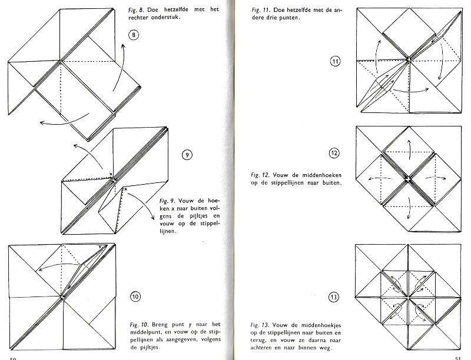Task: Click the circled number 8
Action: pyautogui.click(x=134, y=35)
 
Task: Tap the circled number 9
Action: pyautogui.click(x=187, y=155)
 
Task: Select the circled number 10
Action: pyautogui.click(x=135, y=296)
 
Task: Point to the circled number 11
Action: pyautogui.click(x=335, y=62)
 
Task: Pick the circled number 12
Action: pyautogui.click(x=334, y=154)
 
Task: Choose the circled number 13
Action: pyautogui.click(x=334, y=297)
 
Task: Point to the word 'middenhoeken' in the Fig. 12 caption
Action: pyautogui.click(x=321, y=175)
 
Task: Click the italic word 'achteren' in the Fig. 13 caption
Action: pyautogui.click(x=261, y=348)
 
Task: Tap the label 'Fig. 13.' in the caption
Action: pyautogui.click(x=260, y=325)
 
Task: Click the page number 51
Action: pyautogui.click(x=458, y=358)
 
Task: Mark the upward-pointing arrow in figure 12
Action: pyautogui.click(x=409, y=146)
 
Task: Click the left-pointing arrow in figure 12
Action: pyautogui.click(x=380, y=179)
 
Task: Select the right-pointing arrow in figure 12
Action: pyautogui.click(x=436, y=178)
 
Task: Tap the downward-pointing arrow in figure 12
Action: pyautogui.click(x=408, y=208)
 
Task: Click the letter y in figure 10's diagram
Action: pyautogui.click(x=99, y=246)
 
